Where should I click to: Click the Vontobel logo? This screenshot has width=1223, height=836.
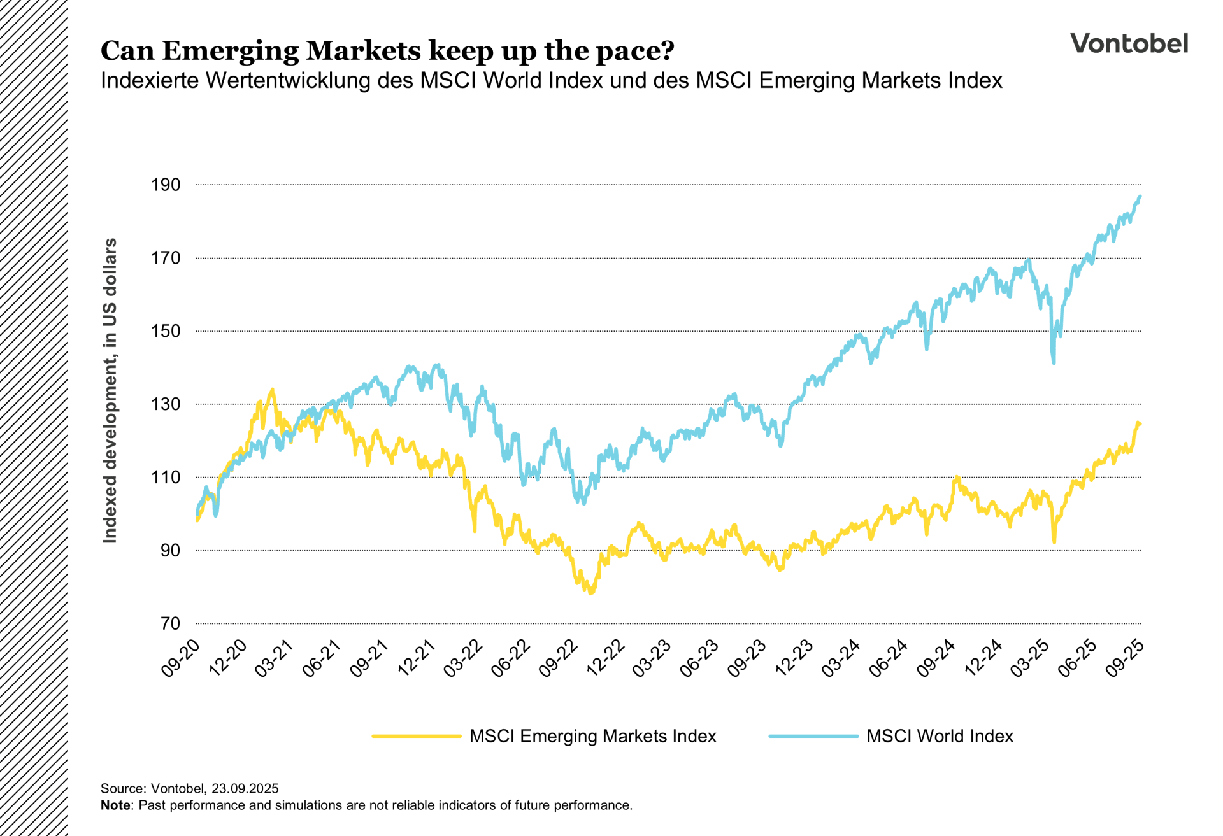pos(1129,43)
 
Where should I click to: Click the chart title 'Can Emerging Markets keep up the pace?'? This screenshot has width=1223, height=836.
pos(387,51)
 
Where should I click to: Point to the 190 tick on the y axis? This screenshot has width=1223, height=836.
pos(166,185)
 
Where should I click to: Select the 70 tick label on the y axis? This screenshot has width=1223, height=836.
pos(169,623)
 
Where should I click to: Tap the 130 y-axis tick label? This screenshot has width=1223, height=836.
pos(166,404)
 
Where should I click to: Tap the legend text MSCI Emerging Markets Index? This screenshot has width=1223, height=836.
pos(592,736)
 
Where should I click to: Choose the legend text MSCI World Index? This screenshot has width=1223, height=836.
pos(940,736)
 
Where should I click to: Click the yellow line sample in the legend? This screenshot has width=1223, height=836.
pos(417,736)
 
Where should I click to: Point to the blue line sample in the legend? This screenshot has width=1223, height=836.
pos(813,736)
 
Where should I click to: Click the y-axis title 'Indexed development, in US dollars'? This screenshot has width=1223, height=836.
pos(110,390)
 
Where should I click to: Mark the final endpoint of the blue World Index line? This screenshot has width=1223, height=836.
pos(1140,197)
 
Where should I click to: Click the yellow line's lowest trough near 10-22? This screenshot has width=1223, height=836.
pos(591,593)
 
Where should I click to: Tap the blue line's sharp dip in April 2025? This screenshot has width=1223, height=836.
pos(1054,362)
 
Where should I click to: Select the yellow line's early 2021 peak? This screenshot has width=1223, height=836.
pos(273,390)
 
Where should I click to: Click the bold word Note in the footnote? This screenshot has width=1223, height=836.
pos(115,805)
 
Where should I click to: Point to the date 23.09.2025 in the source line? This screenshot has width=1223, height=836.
pos(245,789)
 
